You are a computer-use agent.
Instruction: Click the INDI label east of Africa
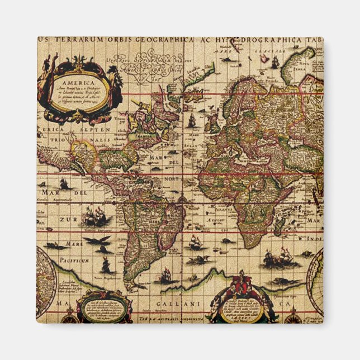click(314, 239)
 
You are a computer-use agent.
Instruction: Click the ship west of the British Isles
click(191, 120)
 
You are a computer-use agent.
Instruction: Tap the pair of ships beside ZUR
click(95, 217)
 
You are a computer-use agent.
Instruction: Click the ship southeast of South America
click(165, 275)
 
